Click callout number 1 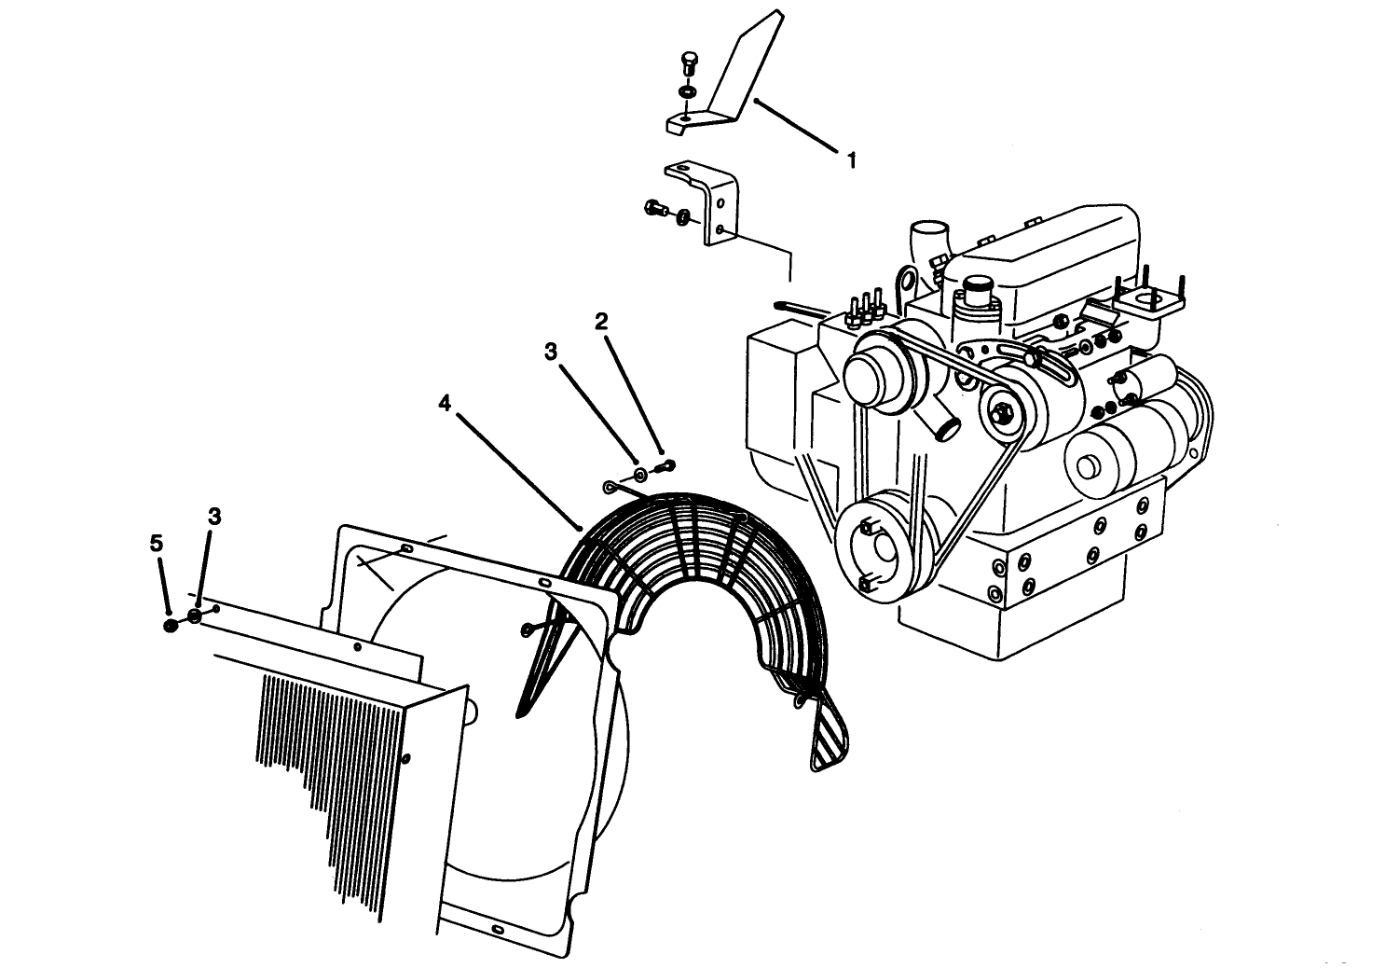tap(850, 160)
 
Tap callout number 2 tap(601, 322)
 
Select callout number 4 tap(445, 403)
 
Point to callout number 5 tap(157, 543)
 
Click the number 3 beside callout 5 tap(214, 517)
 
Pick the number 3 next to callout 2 tap(551, 351)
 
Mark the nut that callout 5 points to tap(171, 625)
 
